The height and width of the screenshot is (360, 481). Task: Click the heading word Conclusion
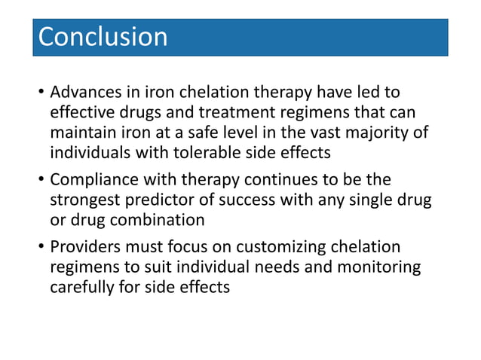click(103, 37)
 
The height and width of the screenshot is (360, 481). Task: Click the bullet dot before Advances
click(40, 94)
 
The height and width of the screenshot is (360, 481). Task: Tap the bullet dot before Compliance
click(40, 182)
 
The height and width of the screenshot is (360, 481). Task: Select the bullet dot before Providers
click(40, 249)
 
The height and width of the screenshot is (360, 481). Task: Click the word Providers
click(84, 248)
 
